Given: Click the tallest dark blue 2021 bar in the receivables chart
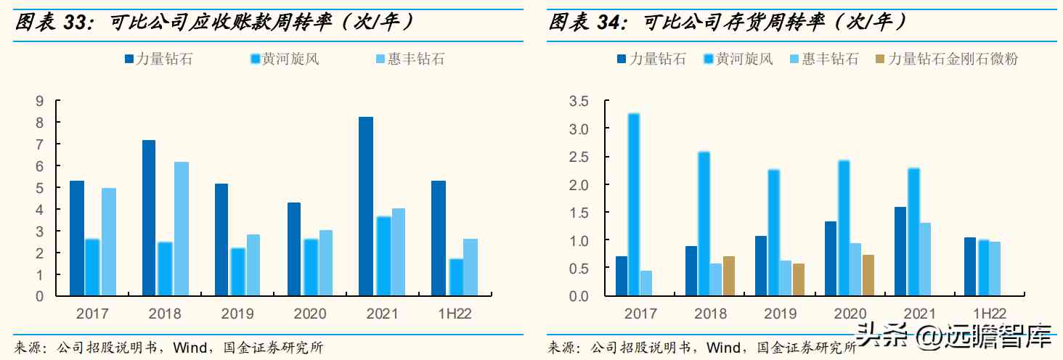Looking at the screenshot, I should point(366,206).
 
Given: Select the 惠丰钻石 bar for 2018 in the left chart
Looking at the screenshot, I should point(181,229).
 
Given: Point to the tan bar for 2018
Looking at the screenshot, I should point(728,277).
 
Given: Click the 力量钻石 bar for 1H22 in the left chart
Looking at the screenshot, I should point(438,238).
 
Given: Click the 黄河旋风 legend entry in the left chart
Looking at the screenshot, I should point(290,59).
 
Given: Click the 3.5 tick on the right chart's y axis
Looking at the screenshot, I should point(578,101).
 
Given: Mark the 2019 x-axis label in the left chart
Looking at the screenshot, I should point(237,314).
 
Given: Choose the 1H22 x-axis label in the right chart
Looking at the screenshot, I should point(988,314).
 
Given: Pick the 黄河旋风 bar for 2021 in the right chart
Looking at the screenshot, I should point(914,232).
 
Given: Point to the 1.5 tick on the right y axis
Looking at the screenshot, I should point(578,213).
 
